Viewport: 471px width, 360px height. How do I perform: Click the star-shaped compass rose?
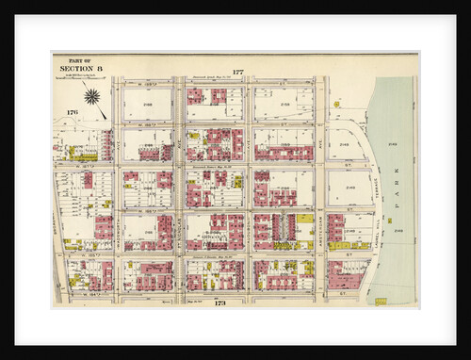(94, 94)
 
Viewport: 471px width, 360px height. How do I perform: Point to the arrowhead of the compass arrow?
(106, 107)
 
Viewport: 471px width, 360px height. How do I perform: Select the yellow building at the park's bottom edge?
(381, 301)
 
